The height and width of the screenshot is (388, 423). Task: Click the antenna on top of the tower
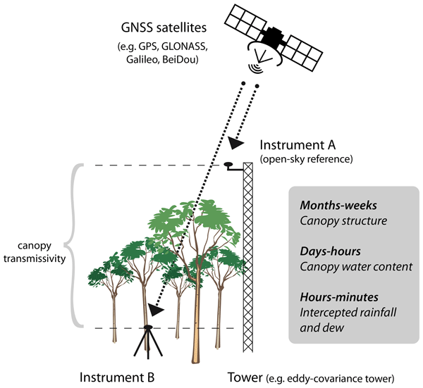[x=230, y=165]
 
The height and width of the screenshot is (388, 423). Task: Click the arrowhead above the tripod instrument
[x=156, y=309]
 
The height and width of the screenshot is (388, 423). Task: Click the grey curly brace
[x=69, y=246]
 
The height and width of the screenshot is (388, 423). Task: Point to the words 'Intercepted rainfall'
[x=343, y=312]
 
